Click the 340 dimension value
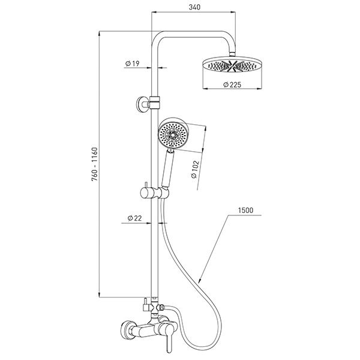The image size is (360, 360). coord(193,8)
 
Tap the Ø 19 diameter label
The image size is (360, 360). coord(133,63)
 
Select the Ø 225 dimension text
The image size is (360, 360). coord(231,85)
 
